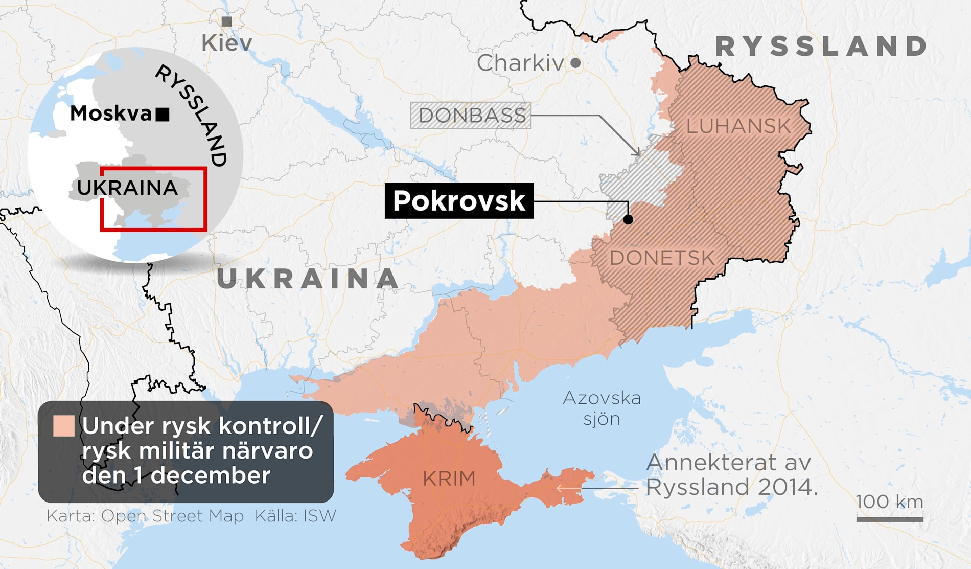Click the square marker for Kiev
tap(227, 21)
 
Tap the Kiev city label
tap(227, 43)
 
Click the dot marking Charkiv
tap(575, 63)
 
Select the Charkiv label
tap(520, 63)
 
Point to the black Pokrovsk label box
tap(459, 201)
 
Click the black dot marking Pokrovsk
tap(628, 219)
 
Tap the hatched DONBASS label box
tap(471, 116)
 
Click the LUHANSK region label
tap(738, 126)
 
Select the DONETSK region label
tap(662, 258)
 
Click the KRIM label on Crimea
tap(449, 479)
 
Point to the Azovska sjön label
tap(602, 408)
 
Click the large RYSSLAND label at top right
tap(821, 47)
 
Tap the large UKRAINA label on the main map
tap(308, 279)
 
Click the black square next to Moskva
tap(163, 115)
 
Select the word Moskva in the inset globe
tap(111, 113)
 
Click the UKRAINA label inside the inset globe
tap(127, 188)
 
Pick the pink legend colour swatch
tap(64, 426)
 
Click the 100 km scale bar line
tap(890, 519)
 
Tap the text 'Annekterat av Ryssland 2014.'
tap(731, 475)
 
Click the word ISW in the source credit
tap(320, 516)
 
